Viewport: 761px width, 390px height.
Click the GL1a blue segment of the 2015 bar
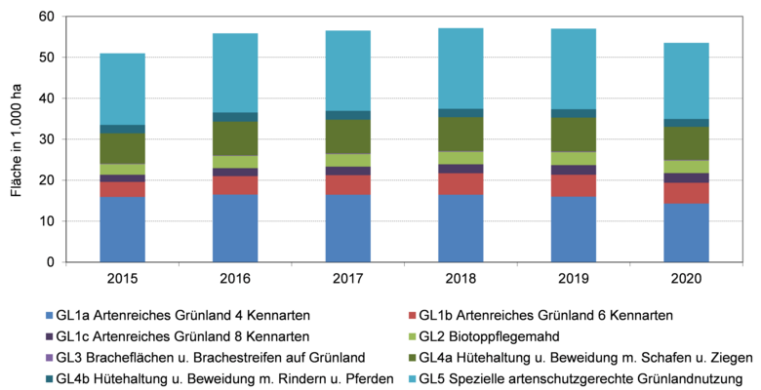pyautogui.click(x=123, y=229)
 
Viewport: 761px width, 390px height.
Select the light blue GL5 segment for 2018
pyautogui.click(x=461, y=68)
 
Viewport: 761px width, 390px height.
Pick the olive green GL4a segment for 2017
pyautogui.click(x=348, y=136)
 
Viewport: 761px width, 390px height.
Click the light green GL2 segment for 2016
pyautogui.click(x=235, y=162)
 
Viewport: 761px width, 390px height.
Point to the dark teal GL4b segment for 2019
pyautogui.click(x=573, y=113)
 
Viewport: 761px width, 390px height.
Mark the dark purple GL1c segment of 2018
pyautogui.click(x=461, y=169)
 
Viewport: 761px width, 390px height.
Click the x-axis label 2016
pyautogui.click(x=235, y=278)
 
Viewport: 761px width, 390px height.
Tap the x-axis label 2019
pyautogui.click(x=573, y=278)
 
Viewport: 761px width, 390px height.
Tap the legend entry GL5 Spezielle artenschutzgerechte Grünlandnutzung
pyautogui.click(x=581, y=378)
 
